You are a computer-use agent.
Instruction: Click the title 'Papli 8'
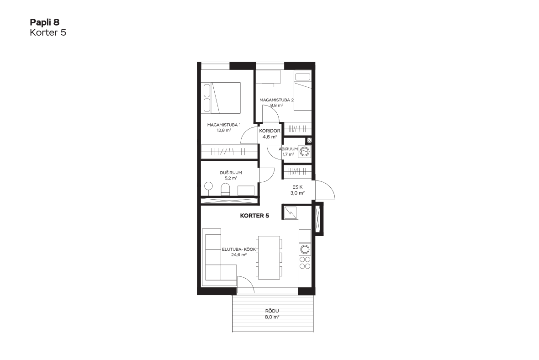tap(44, 22)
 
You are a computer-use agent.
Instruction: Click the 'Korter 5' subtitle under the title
tap(48, 32)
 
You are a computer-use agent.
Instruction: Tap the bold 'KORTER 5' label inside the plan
tap(254, 216)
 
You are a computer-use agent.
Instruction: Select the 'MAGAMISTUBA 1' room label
tap(224, 125)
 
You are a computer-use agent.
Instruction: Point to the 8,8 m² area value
tap(276, 106)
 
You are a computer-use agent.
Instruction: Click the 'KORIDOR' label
tap(270, 131)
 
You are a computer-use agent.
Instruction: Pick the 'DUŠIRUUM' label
tap(231, 173)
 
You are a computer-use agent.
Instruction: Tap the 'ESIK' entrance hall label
tap(297, 187)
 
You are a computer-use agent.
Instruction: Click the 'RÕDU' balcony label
tap(272, 311)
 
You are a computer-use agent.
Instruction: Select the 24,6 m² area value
tap(239, 255)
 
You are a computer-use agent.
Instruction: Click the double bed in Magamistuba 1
tap(221, 98)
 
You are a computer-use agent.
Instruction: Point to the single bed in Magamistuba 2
tap(302, 90)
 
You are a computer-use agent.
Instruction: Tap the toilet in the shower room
tap(225, 189)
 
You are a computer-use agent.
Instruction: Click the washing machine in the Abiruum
tap(305, 151)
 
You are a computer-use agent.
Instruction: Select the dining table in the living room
tap(269, 258)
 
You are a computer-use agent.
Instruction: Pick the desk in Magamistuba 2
tap(268, 77)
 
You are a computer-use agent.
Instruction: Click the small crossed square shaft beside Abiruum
tap(309, 140)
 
